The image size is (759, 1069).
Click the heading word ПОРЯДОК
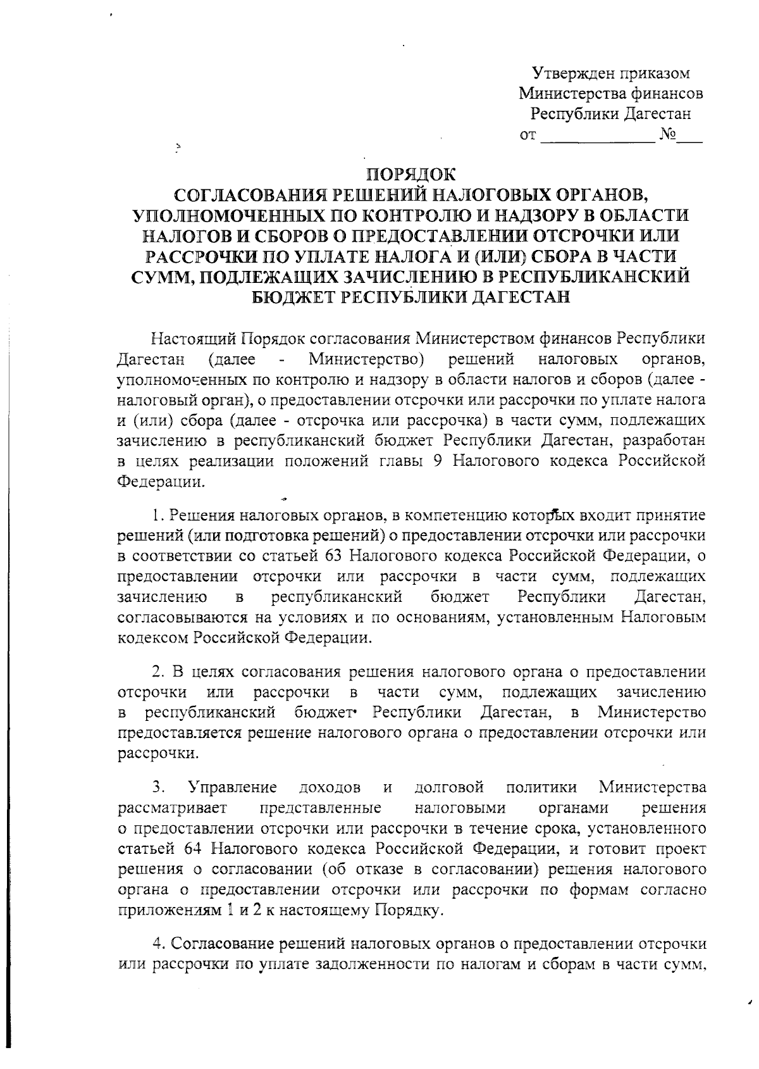(x=411, y=173)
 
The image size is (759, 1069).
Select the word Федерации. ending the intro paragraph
(x=162, y=482)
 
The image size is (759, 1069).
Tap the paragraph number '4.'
(x=160, y=944)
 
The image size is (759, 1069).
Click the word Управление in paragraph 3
(x=232, y=788)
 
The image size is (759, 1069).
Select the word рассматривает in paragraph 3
(x=173, y=808)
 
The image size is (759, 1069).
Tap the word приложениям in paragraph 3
(x=163, y=910)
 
